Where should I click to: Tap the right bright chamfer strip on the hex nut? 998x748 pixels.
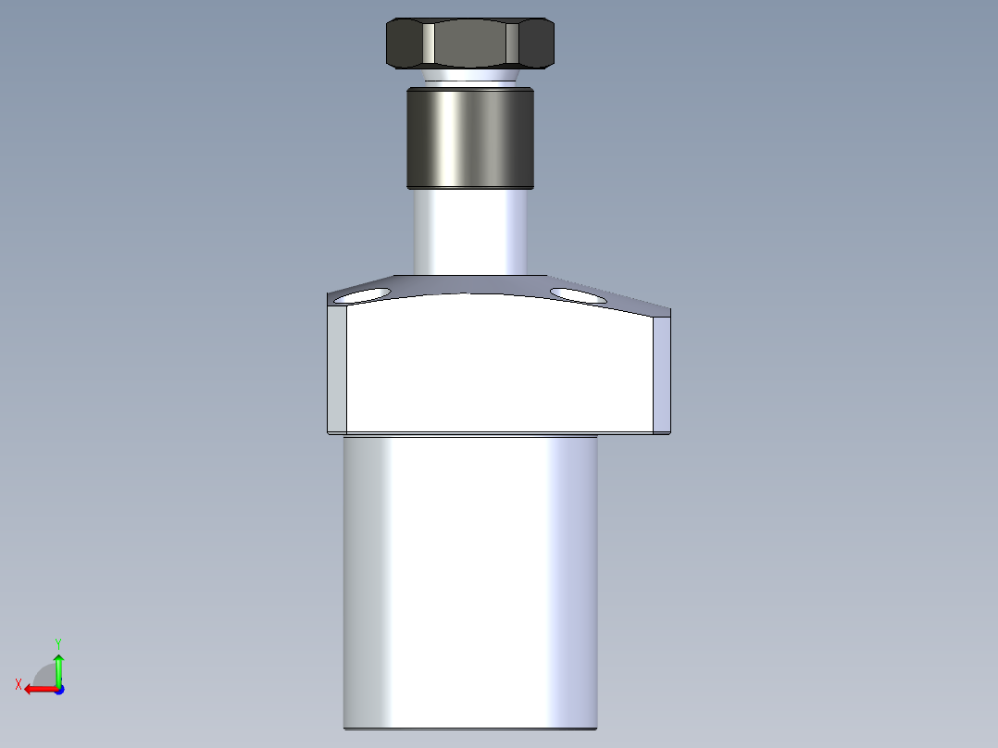click(x=512, y=43)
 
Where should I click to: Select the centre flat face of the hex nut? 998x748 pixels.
click(x=469, y=43)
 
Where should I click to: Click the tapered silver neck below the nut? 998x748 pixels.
click(x=469, y=77)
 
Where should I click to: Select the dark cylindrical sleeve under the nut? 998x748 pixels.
click(x=469, y=137)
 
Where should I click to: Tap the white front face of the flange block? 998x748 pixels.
click(x=500, y=370)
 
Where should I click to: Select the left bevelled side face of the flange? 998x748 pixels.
click(x=337, y=370)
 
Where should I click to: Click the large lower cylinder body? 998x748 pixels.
click(x=469, y=583)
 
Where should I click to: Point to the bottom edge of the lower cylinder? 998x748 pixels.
click(x=469, y=728)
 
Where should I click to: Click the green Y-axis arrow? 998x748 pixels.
click(x=58, y=665)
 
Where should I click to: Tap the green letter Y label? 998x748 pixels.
click(x=58, y=642)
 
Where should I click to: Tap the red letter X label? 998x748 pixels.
click(x=19, y=684)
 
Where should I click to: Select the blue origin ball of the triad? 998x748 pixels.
click(x=58, y=689)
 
